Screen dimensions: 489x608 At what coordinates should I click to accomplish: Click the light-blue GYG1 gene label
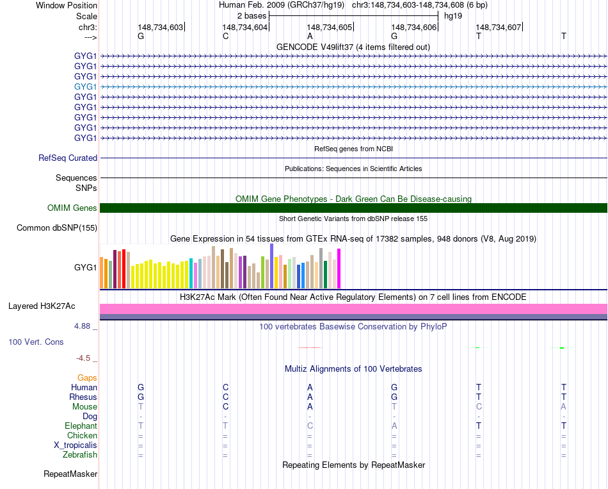tap(86, 87)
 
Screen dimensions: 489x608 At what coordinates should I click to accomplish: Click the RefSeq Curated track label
tap(68, 158)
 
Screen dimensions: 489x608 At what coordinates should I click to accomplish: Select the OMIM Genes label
tap(72, 208)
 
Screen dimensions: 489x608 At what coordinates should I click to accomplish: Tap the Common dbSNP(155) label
tap(57, 228)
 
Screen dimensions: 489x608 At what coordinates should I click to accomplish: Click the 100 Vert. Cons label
tap(36, 342)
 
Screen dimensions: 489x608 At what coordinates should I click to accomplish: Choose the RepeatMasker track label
tap(70, 474)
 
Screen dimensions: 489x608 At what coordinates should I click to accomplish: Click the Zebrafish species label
tap(81, 454)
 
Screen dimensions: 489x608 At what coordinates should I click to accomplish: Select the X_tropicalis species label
tap(76, 445)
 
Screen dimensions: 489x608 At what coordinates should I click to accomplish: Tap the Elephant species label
tap(81, 426)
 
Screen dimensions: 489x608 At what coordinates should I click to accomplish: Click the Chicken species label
tap(82, 435)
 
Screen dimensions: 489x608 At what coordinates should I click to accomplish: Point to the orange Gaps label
tap(87, 377)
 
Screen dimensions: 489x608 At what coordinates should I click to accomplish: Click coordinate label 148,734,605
tap(330, 27)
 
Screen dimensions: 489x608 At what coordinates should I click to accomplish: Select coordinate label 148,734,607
tap(499, 27)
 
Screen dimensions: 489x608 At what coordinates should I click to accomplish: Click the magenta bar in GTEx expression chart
tap(339, 269)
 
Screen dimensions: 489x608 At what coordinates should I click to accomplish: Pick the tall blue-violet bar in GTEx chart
tap(271, 266)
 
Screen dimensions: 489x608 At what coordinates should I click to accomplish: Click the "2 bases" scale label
tap(252, 15)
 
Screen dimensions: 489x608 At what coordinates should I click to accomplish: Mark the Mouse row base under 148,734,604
tap(225, 406)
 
